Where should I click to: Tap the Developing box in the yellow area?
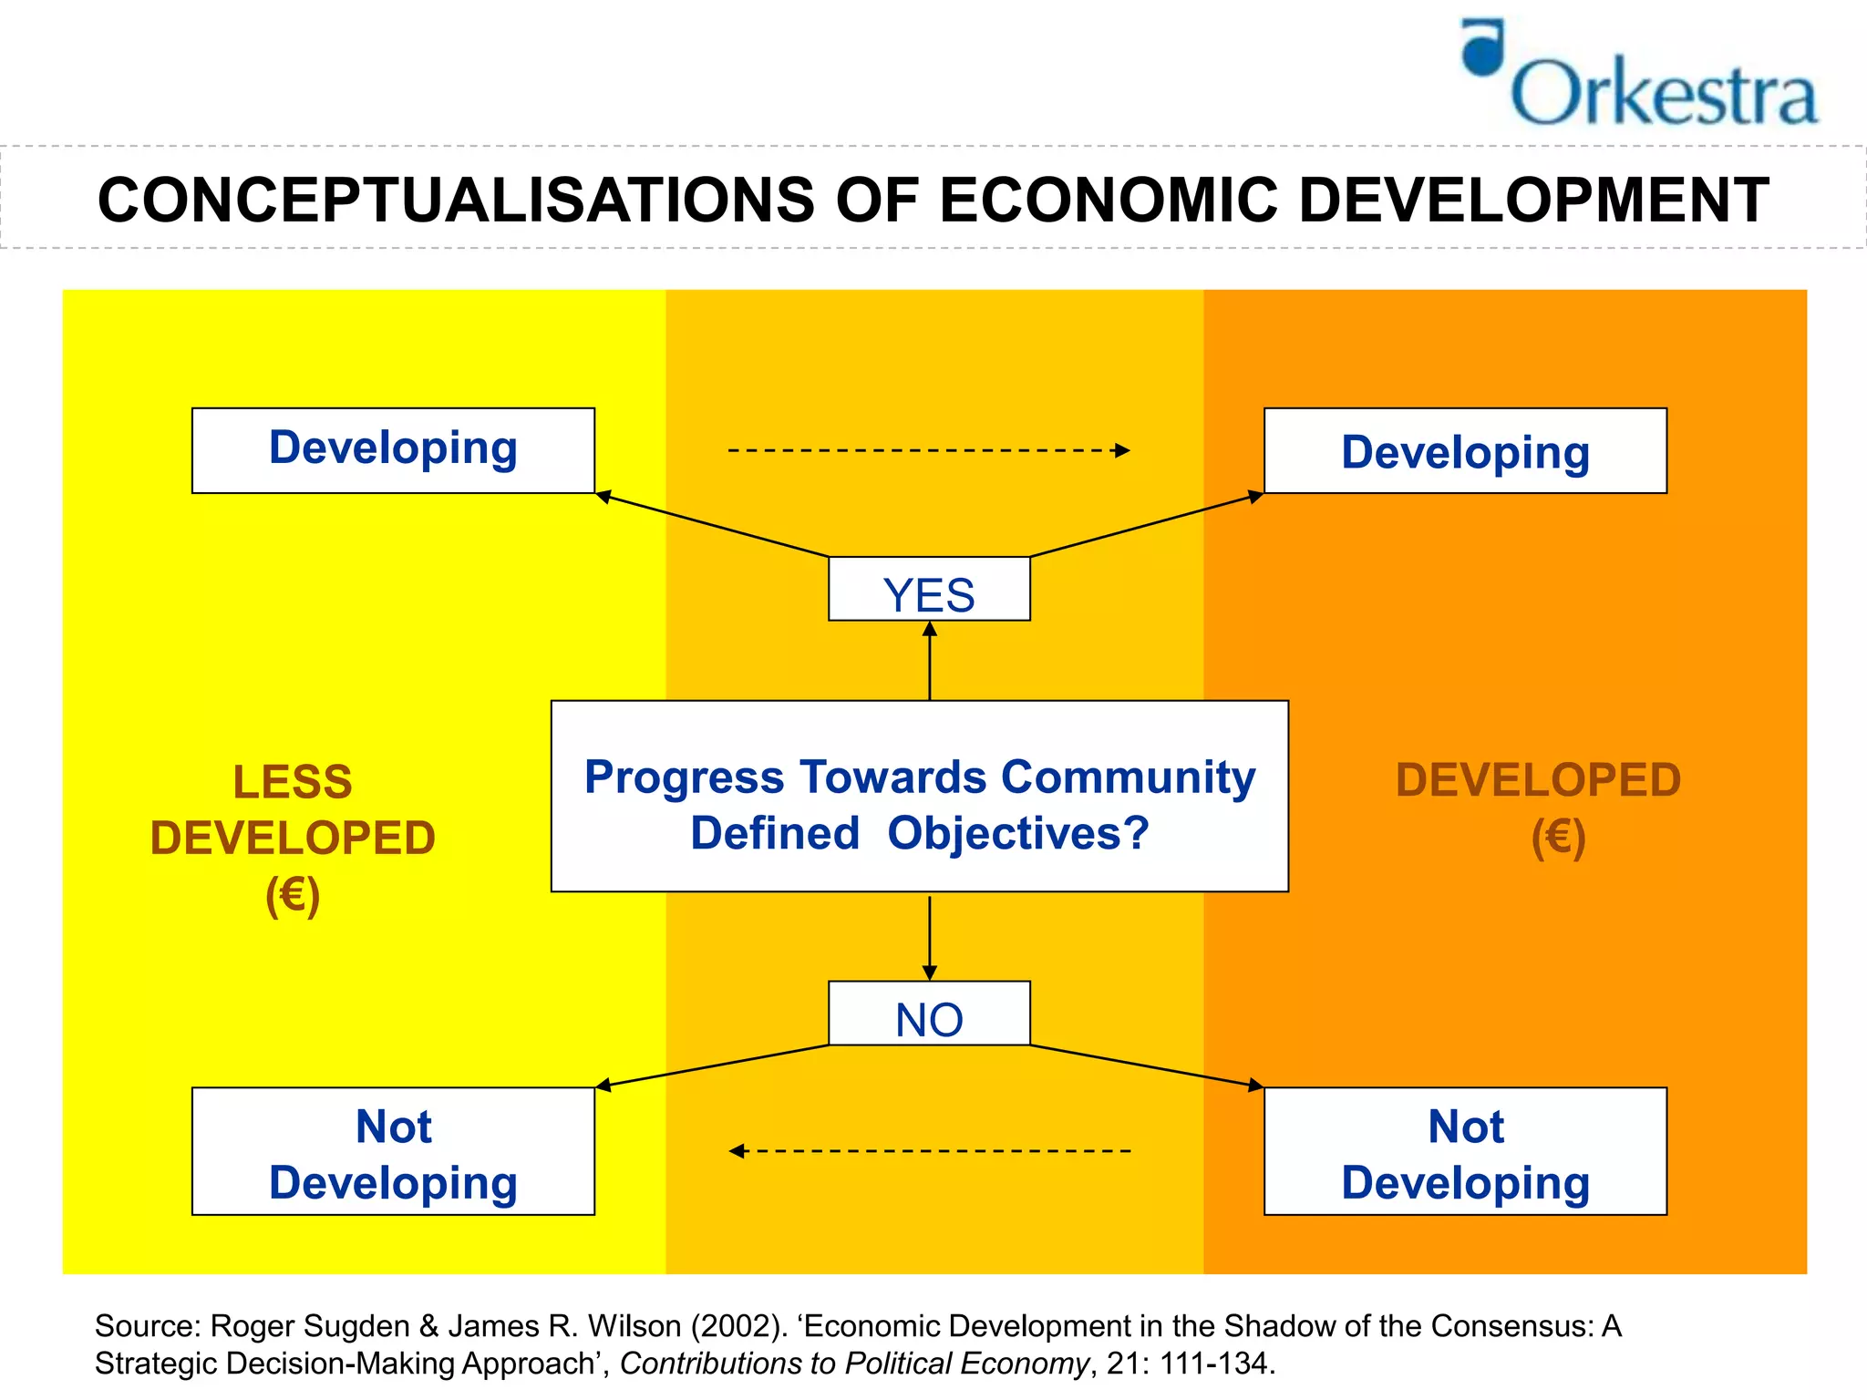click(393, 450)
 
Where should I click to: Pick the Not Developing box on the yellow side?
click(393, 1152)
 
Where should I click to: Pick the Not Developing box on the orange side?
click(1465, 1152)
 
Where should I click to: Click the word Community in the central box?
click(1128, 777)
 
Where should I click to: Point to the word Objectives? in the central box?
click(1017, 833)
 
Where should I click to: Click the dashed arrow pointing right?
click(928, 450)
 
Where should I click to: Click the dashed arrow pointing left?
click(928, 1151)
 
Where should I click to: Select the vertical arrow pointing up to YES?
click(929, 661)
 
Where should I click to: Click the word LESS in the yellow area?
click(293, 782)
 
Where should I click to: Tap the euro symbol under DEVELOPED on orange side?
click(1558, 837)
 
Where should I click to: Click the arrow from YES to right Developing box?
click(1146, 525)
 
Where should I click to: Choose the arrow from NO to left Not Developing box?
click(711, 1065)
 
